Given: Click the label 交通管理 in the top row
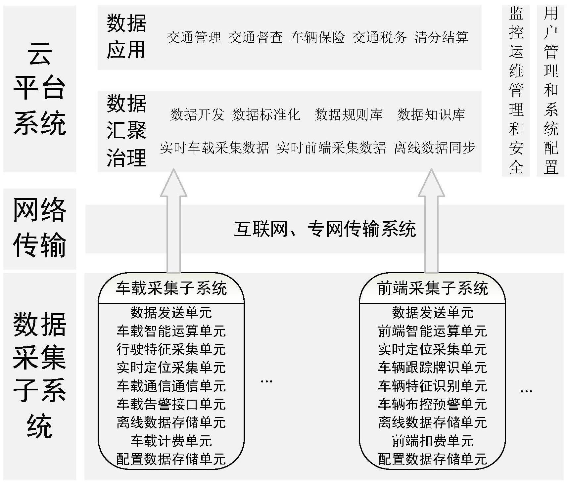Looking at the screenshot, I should coord(194,37).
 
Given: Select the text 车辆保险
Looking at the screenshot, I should coord(317,37).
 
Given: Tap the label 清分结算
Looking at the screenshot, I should coord(441,37).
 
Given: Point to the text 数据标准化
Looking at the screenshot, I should coord(266,114).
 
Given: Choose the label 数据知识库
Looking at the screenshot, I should coord(431,114).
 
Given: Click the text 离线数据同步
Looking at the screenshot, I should coord(435,148).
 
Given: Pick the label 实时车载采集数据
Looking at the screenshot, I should coord(214,148).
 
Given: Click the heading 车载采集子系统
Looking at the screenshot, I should coord(171,288).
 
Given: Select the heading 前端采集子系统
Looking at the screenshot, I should coord(432,288).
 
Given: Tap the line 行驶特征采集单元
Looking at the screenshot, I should coord(171,349).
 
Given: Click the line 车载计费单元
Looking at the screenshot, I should coord(171,441).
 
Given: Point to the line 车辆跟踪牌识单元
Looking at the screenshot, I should coord(432,368).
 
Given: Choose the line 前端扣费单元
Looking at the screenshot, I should coord(432,441).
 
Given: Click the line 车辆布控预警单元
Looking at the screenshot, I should coord(432,404).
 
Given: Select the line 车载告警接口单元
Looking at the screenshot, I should coord(171,404).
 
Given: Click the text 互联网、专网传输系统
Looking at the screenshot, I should coord(325,229).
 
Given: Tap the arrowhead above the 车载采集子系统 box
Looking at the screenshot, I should coord(173,184).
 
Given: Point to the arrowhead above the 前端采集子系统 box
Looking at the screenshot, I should coord(431,184).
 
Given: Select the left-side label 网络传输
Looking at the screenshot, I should coord(39,228).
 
